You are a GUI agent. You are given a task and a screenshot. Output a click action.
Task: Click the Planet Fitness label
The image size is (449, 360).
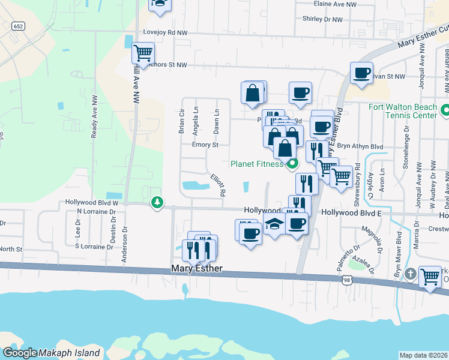(257, 164)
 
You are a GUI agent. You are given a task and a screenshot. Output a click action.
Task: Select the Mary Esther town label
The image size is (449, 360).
(197, 269)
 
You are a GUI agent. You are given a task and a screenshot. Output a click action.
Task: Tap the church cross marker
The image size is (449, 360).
(409, 274)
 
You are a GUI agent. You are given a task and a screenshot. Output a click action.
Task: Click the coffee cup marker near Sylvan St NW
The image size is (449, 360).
(361, 73)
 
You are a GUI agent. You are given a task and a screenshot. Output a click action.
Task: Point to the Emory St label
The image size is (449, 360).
(205, 145)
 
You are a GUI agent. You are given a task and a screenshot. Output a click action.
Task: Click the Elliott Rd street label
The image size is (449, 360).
(217, 185)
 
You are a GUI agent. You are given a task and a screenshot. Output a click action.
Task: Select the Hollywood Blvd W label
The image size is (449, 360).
(92, 203)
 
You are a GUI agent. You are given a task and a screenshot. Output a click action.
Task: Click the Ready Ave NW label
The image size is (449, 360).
(95, 124)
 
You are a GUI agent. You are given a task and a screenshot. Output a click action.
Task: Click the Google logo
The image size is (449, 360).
(20, 353)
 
